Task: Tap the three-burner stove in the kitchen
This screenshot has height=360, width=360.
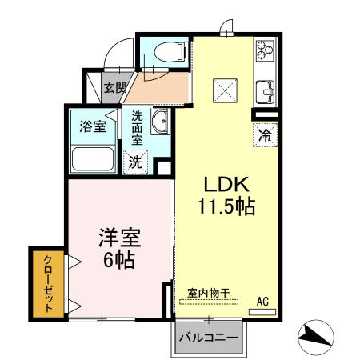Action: tap(265, 50)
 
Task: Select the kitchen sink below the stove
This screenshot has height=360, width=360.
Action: tap(265, 92)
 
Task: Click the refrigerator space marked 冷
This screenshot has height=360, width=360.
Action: tap(266, 135)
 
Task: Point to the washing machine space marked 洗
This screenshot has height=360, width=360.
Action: tap(135, 162)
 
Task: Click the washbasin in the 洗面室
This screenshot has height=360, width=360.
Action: tap(160, 122)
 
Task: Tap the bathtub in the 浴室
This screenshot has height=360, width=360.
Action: tap(93, 158)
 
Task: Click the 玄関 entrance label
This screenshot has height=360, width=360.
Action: tap(115, 88)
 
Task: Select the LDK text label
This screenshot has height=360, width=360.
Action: tap(226, 184)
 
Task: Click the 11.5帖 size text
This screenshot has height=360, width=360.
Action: tap(226, 206)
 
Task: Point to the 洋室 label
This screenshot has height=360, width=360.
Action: tap(120, 238)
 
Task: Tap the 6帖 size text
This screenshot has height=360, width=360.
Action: tap(118, 260)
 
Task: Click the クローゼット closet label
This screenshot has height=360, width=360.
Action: tap(48, 284)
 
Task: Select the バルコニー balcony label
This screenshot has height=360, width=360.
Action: tap(208, 338)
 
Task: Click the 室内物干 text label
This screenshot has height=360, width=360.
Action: tap(209, 293)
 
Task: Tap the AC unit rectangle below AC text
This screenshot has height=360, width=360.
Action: tap(262, 312)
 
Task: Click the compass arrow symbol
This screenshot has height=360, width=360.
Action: tap(316, 337)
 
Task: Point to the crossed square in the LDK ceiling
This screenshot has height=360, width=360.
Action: tap(225, 90)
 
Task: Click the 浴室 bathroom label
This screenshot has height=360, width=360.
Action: tap(93, 126)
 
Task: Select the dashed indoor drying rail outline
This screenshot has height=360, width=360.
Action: tap(209, 302)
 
